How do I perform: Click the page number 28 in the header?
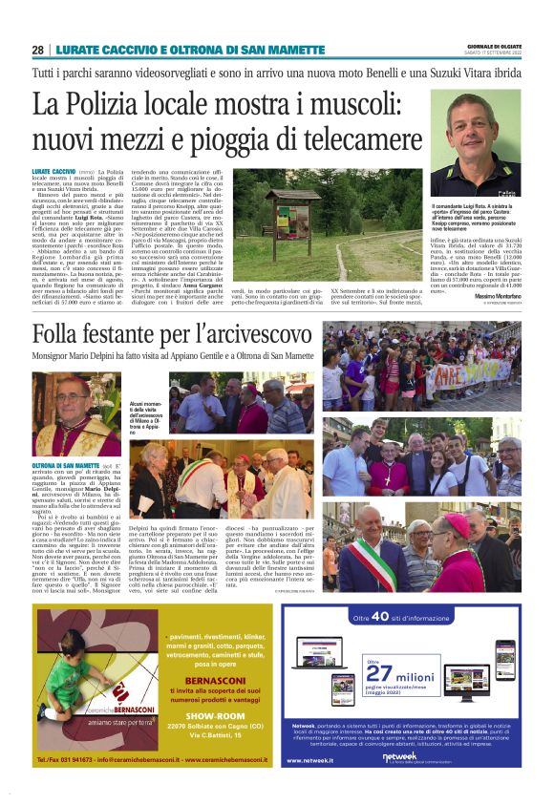(37, 50)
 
